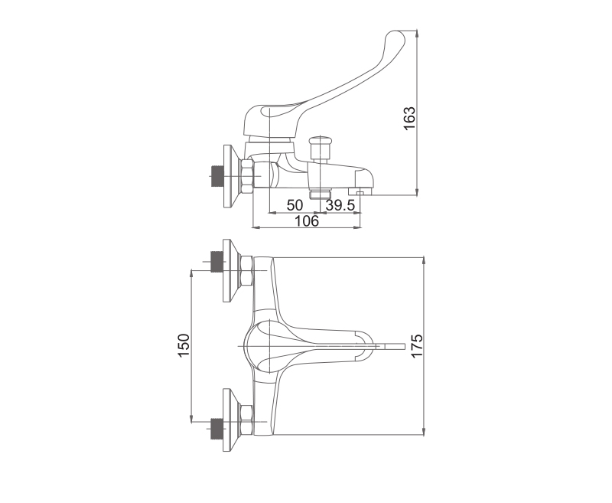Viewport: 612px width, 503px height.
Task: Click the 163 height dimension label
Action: coord(409,119)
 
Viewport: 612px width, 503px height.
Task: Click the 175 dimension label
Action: coord(417,345)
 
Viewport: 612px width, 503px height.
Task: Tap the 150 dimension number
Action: coord(184,345)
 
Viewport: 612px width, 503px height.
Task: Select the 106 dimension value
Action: coord(307,221)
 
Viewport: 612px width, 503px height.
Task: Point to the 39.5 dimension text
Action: coord(340,205)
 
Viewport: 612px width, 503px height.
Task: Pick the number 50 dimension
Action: coord(295,205)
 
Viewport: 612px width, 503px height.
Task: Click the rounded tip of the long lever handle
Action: coord(395,39)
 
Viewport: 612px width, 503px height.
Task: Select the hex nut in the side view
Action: coord(247,176)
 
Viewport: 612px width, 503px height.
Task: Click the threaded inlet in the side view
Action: coord(216,176)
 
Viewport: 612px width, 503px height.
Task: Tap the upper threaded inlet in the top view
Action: coord(216,261)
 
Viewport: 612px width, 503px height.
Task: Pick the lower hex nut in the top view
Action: coord(247,420)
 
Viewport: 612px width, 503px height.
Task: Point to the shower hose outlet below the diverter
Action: coord(320,194)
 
